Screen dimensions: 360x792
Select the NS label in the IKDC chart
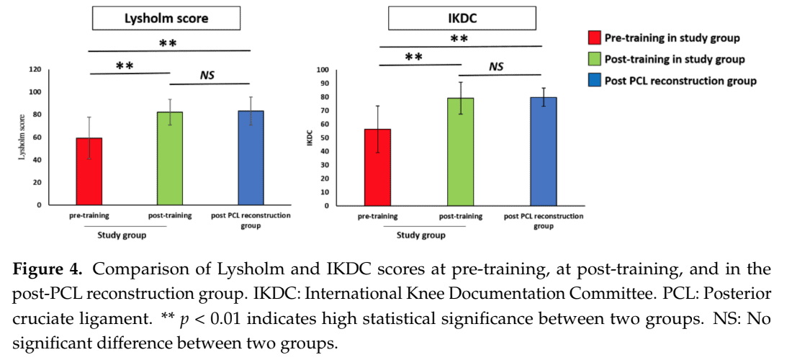click(496, 66)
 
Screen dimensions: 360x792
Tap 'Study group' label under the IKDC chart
click(421, 235)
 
